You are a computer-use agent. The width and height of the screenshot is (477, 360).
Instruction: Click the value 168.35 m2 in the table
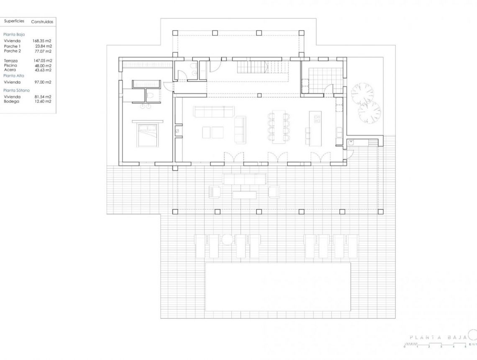42,41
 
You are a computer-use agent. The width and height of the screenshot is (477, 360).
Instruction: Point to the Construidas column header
42,22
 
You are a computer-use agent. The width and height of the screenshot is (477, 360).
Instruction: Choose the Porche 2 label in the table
12,51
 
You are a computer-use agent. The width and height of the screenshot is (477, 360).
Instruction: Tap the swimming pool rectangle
278,287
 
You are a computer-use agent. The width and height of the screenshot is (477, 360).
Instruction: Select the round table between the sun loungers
227,239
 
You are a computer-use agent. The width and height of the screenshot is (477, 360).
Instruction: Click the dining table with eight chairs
278,127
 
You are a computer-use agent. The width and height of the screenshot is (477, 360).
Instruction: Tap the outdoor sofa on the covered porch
245,179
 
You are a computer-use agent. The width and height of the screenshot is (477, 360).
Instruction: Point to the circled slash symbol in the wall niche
177,131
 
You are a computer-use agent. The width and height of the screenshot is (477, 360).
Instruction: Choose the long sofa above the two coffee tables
213,112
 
